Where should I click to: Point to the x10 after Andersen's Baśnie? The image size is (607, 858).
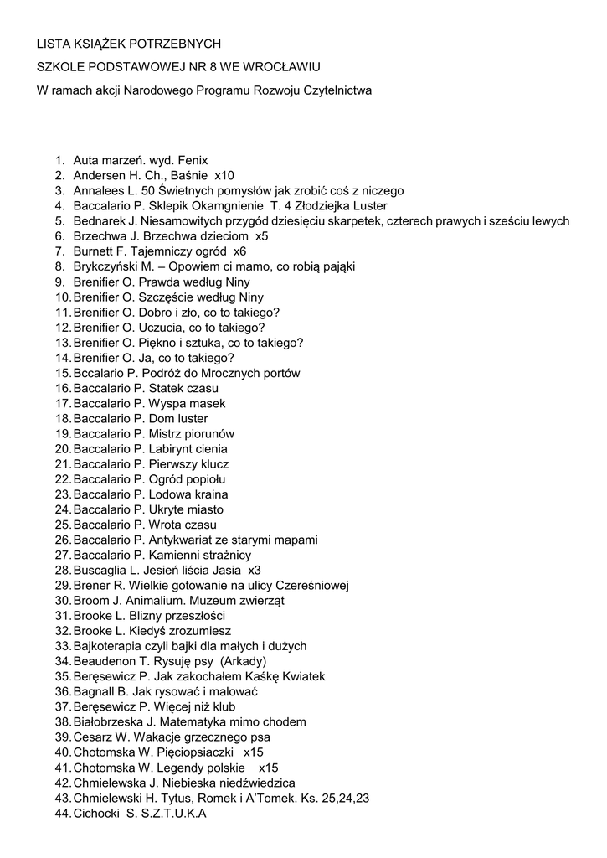[224, 175]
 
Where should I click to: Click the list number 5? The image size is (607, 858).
[60, 221]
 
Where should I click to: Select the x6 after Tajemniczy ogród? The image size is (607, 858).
[240, 251]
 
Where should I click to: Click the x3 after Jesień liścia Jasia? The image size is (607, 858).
[255, 571]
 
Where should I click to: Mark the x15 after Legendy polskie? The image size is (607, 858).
[268, 768]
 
